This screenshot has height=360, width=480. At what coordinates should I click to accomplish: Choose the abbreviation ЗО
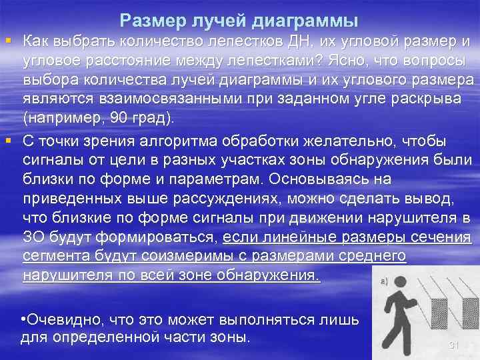click(35, 237)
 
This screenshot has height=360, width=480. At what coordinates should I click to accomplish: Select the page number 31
click(455, 345)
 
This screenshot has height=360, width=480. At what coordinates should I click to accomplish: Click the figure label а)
click(385, 283)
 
